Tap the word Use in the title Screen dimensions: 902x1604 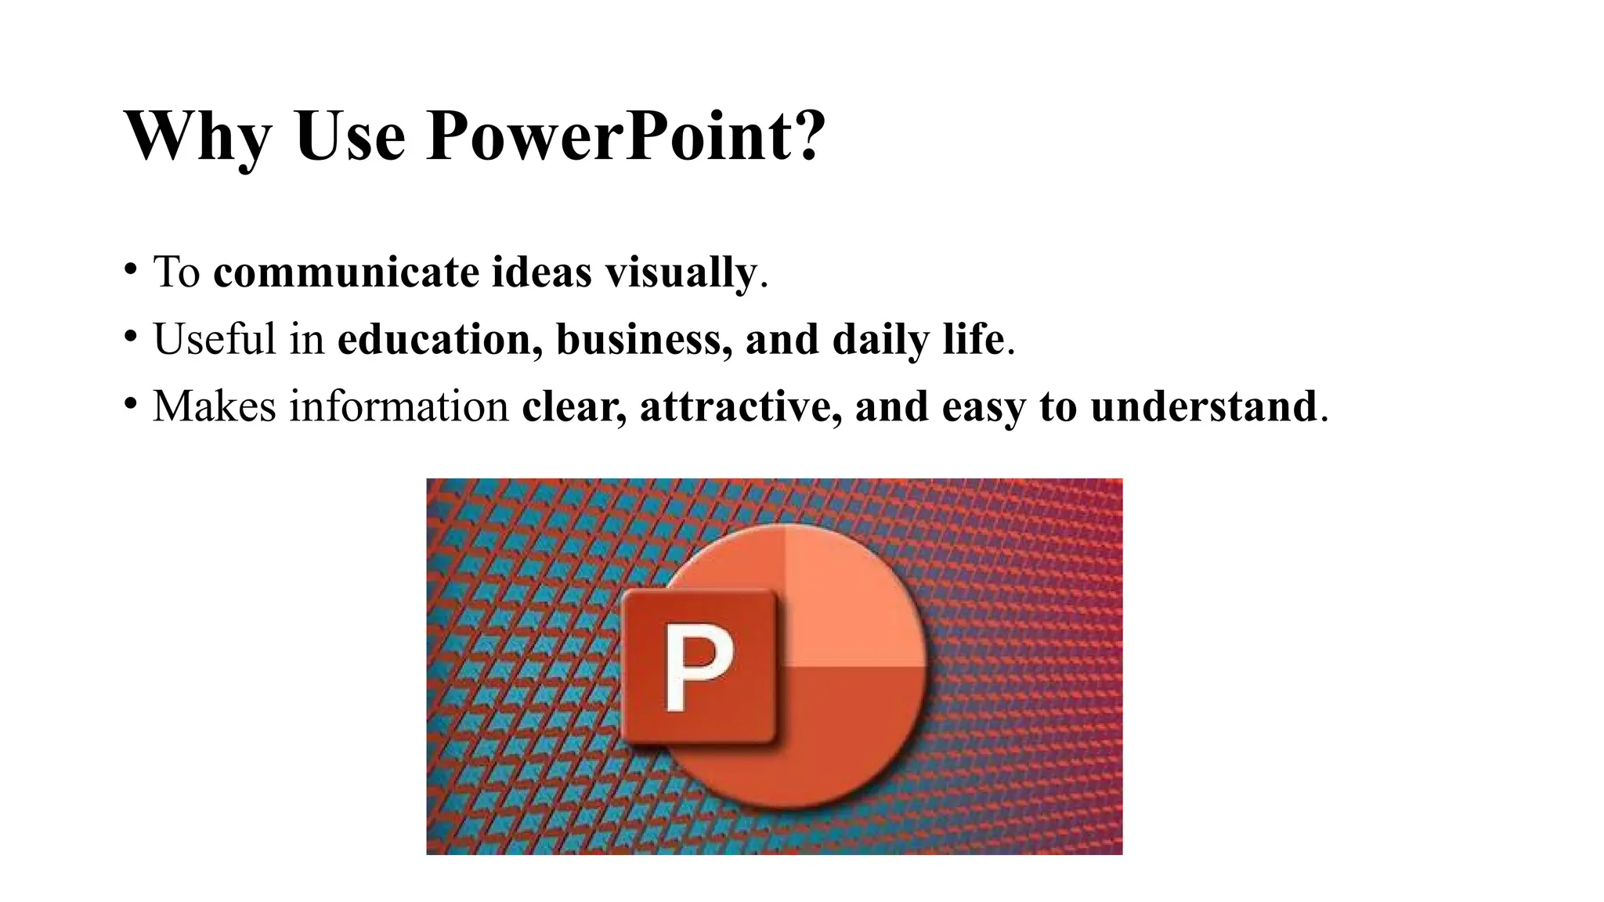(x=350, y=136)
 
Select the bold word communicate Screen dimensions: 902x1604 (x=346, y=272)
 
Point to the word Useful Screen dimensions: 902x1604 (x=215, y=340)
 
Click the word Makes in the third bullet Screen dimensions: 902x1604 (x=214, y=406)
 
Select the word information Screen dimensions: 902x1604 (x=399, y=406)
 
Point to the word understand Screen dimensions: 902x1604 (x=1203, y=406)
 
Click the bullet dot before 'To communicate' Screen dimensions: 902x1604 (x=130, y=270)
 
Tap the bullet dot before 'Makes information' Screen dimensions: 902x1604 (x=130, y=404)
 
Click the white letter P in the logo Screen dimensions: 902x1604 (x=699, y=667)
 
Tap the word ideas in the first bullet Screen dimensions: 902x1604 (x=541, y=272)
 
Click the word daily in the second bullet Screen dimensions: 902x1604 (x=880, y=340)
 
